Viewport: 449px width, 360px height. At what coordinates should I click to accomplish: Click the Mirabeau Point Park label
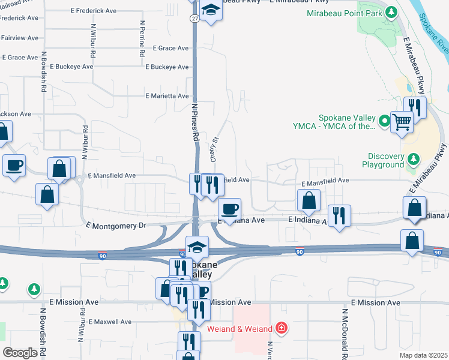click(x=345, y=13)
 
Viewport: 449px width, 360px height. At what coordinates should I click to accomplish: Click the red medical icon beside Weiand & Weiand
click(x=280, y=328)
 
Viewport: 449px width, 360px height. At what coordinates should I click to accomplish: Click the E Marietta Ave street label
click(x=167, y=96)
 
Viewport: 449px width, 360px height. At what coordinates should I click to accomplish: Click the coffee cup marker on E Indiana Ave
click(x=230, y=209)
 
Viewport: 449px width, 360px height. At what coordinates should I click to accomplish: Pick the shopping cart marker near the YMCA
click(x=402, y=122)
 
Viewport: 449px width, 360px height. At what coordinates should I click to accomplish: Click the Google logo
click(x=20, y=353)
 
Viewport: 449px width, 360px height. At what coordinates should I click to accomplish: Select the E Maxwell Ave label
click(x=109, y=322)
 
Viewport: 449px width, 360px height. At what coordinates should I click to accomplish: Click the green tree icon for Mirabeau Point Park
click(x=391, y=12)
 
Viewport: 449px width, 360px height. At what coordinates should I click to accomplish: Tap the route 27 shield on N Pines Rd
click(x=194, y=19)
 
